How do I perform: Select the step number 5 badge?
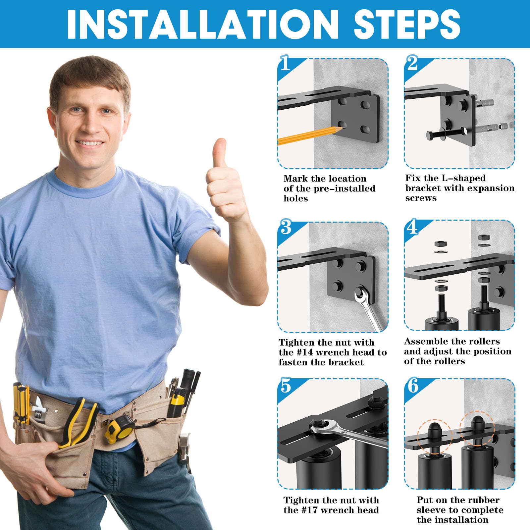[x=286, y=386]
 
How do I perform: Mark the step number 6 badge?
[x=413, y=386]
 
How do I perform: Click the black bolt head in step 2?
[x=429, y=135]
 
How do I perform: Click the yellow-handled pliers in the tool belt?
[x=79, y=422]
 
